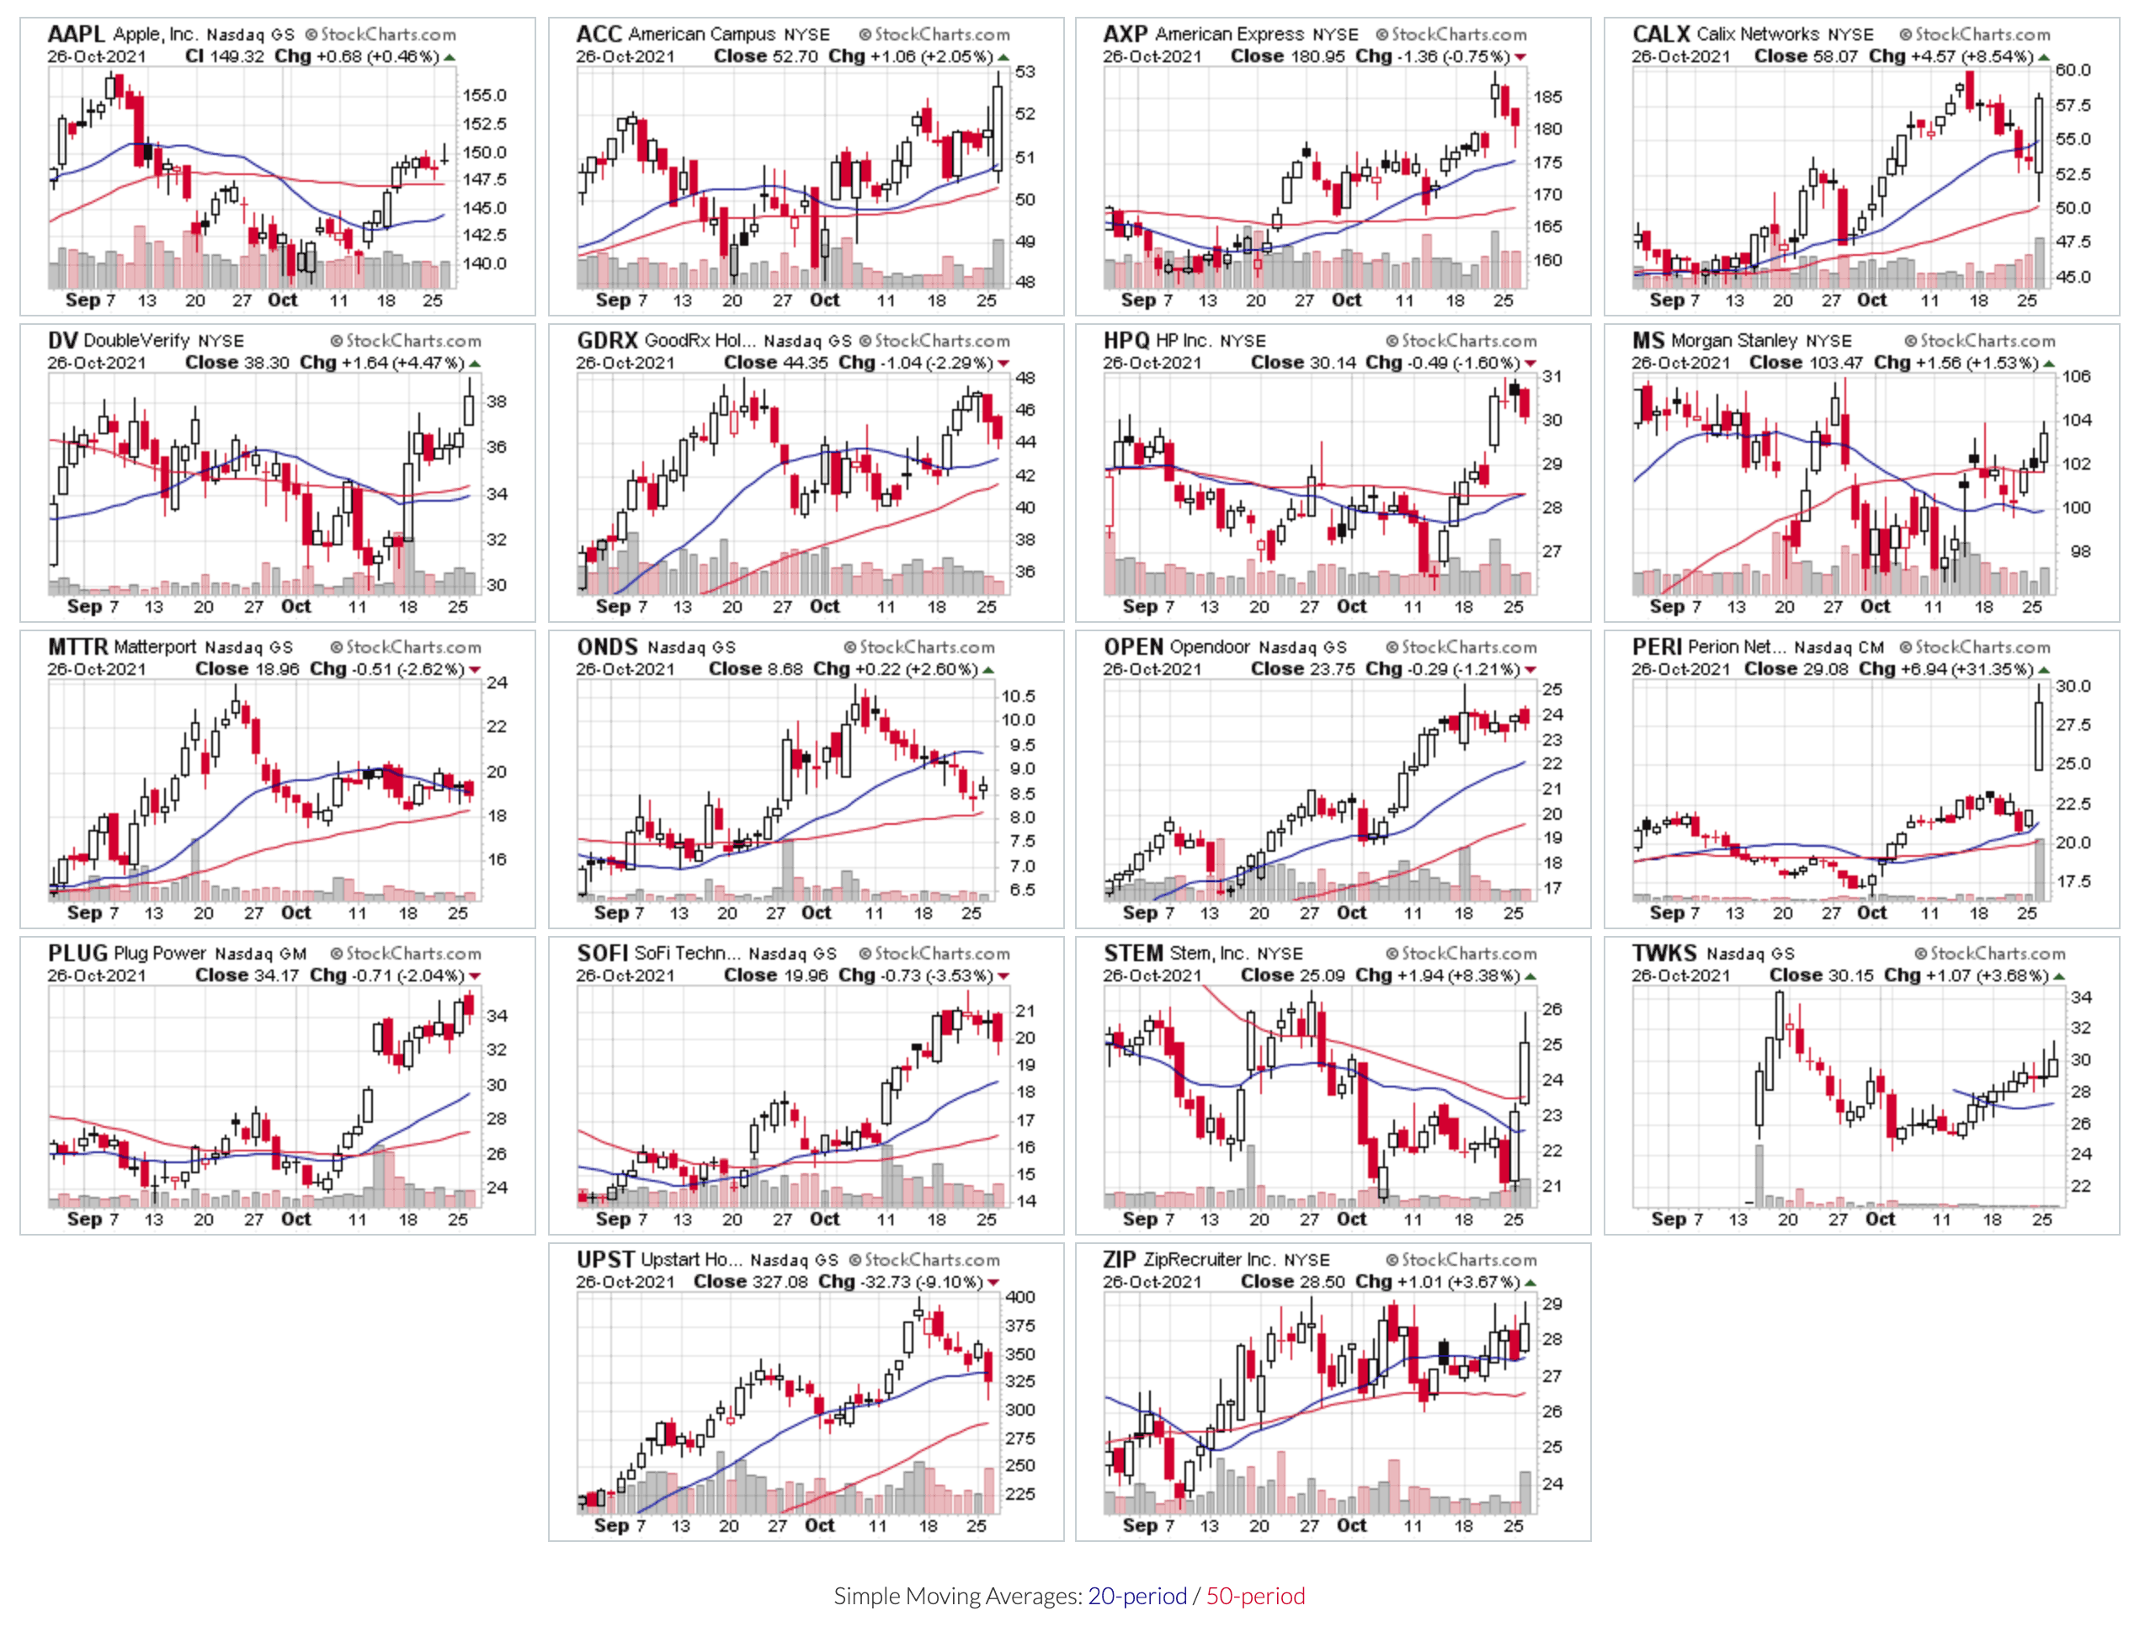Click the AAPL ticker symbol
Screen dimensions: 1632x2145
coord(76,34)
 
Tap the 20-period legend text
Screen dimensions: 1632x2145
coord(1136,1596)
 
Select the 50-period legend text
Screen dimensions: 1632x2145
coord(1255,1596)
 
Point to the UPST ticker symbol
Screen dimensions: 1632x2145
coord(605,1260)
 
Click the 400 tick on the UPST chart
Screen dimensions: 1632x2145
coord(1020,1297)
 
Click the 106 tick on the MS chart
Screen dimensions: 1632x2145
coord(2076,377)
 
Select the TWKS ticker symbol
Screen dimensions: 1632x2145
coord(1664,953)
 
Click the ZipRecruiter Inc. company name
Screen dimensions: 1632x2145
coord(1210,1260)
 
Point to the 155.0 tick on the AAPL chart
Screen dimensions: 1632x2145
coord(484,95)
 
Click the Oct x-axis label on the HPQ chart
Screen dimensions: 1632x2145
coord(1351,607)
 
